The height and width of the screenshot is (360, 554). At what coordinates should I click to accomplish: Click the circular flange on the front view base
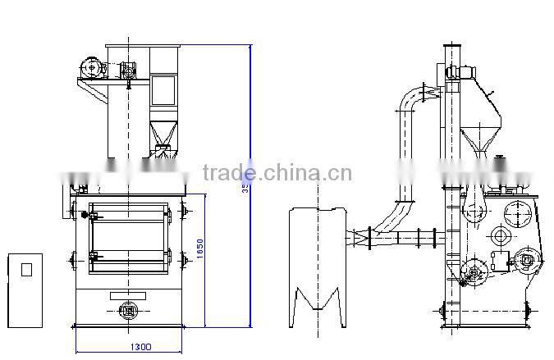coord(127,310)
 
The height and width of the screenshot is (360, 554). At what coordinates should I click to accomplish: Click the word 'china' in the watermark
coord(288,173)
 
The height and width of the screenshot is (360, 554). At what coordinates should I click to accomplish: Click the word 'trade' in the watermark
coord(227,173)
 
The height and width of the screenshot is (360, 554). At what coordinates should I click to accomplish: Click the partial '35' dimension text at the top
coord(245,188)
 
